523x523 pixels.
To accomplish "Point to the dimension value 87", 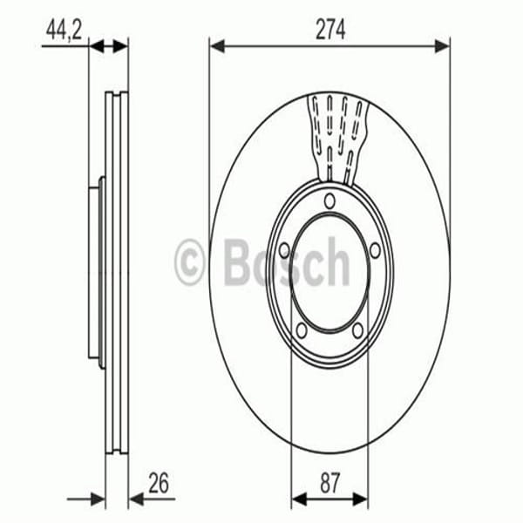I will click(329, 481).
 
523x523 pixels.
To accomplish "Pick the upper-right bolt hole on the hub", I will click(374, 252).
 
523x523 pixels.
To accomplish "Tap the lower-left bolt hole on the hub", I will click(300, 329).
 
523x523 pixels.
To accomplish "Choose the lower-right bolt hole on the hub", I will click(357, 329).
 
